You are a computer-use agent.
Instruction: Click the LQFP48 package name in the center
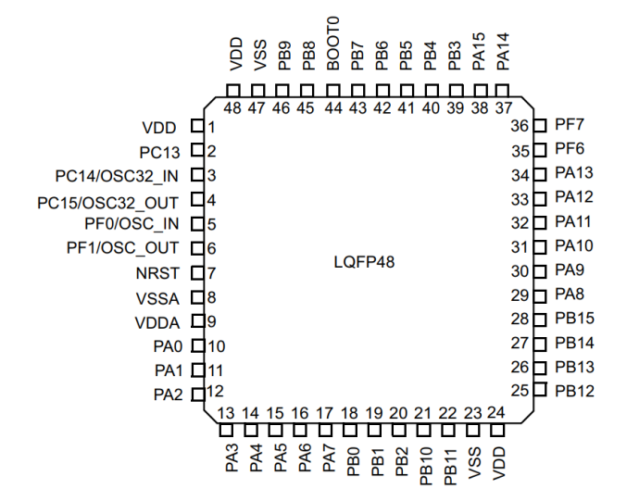[364, 262]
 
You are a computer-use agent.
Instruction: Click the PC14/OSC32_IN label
[117, 175]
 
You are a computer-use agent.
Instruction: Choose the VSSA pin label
[157, 297]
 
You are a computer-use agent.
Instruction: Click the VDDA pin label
[157, 322]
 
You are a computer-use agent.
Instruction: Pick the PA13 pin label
[574, 173]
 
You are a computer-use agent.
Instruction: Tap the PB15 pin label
[575, 319]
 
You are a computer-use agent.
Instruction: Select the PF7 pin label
[570, 125]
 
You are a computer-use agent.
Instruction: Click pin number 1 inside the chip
[211, 127]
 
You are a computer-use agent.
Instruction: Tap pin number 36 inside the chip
[520, 126]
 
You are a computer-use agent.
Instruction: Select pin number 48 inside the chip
[232, 107]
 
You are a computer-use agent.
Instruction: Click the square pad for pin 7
[196, 273]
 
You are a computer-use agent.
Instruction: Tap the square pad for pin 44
[332, 91]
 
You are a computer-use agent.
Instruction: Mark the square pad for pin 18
[349, 430]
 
